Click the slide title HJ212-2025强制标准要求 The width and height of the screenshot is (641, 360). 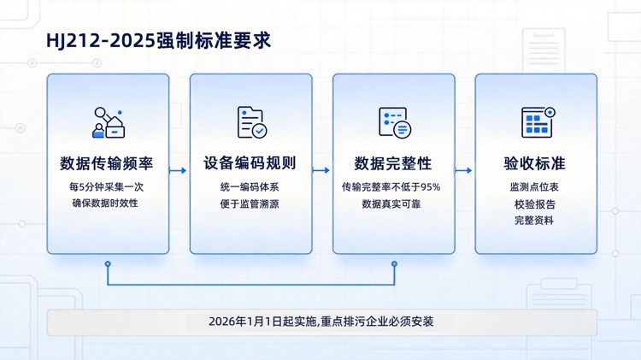[x=158, y=40]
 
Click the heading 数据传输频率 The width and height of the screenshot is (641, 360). [x=108, y=163]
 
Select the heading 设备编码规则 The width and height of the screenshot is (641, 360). [x=250, y=163]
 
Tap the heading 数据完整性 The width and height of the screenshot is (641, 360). [x=393, y=163]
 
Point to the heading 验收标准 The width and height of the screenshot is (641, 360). [x=535, y=163]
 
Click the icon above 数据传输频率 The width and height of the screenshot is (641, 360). [x=109, y=122]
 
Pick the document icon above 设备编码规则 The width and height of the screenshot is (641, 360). [x=251, y=122]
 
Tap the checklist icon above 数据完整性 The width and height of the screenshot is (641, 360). [x=394, y=122]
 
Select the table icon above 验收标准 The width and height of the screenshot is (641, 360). [x=537, y=122]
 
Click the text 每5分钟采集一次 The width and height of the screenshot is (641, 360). [x=108, y=186]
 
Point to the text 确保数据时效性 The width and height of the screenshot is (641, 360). [x=108, y=203]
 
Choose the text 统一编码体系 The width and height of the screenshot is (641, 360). [x=250, y=186]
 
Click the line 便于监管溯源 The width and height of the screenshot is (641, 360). [x=250, y=204]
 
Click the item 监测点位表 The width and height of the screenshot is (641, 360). [x=534, y=186]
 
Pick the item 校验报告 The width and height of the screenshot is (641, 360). [x=534, y=204]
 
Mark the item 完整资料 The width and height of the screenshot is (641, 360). [x=534, y=221]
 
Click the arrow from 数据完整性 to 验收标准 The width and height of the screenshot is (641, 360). [x=464, y=170]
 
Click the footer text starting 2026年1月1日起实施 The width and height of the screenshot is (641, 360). [x=321, y=322]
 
